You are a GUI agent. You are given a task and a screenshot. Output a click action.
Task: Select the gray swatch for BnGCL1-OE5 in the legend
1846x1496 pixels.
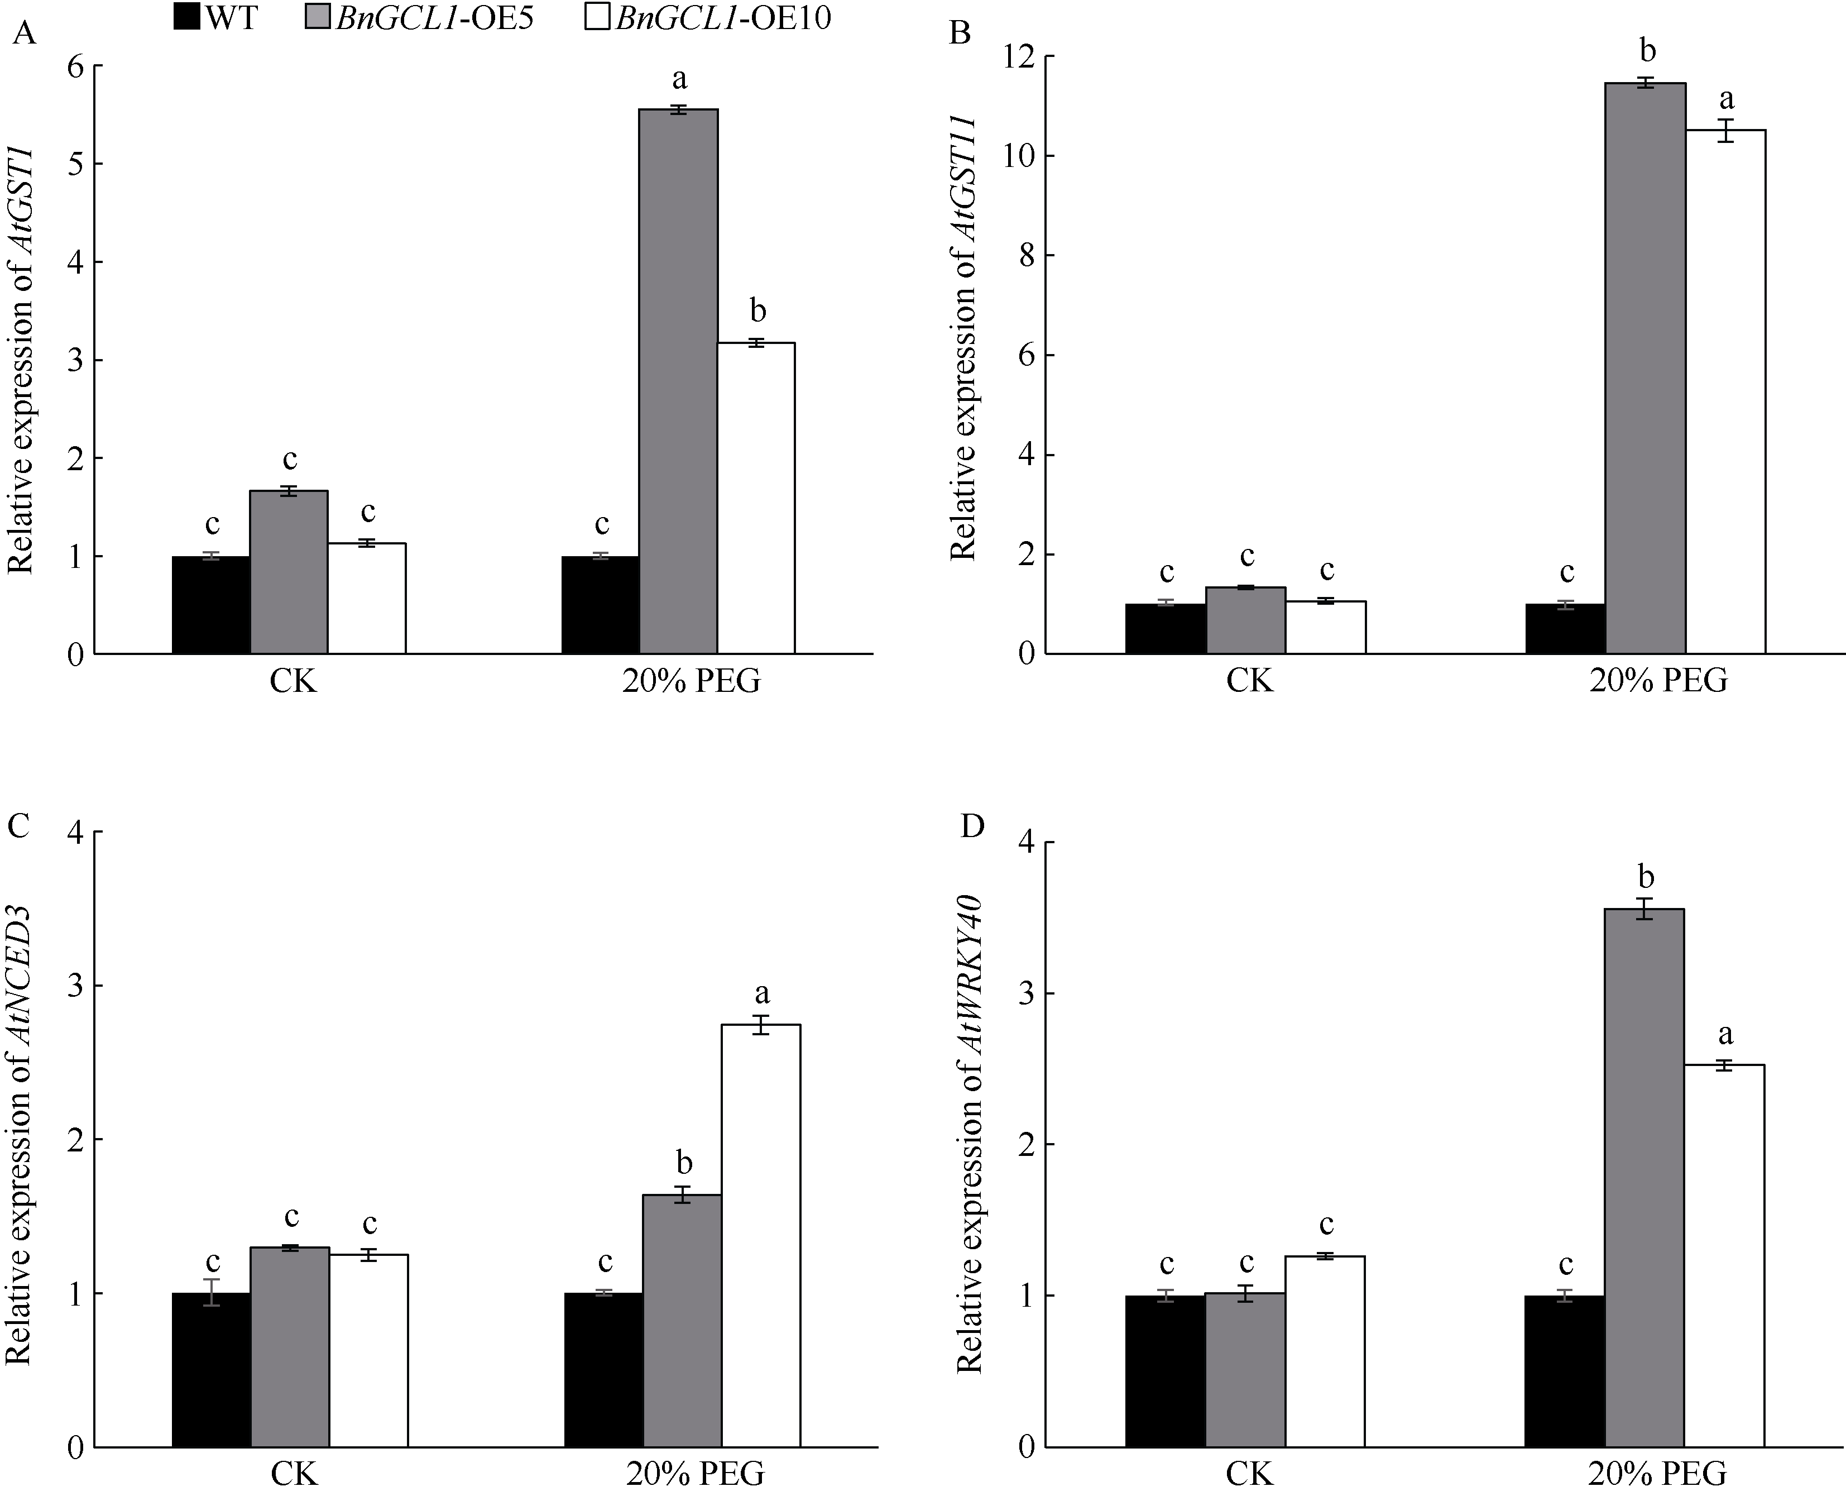click(x=318, y=17)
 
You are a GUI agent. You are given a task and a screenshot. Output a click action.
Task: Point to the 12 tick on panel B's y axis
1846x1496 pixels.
click(x=1011, y=57)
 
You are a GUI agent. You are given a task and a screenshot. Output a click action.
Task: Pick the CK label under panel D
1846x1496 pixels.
click(x=1249, y=1474)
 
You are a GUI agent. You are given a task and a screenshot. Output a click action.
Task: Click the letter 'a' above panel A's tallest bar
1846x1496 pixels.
click(x=679, y=79)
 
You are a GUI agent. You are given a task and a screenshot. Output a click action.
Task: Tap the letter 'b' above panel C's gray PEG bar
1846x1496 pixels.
click(x=684, y=1163)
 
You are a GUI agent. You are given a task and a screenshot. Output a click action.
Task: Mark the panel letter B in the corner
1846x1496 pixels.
click(x=959, y=33)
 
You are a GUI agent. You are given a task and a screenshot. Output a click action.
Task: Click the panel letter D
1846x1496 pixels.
click(x=972, y=825)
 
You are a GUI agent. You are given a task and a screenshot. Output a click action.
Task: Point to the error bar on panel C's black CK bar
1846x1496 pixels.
click(x=211, y=1293)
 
